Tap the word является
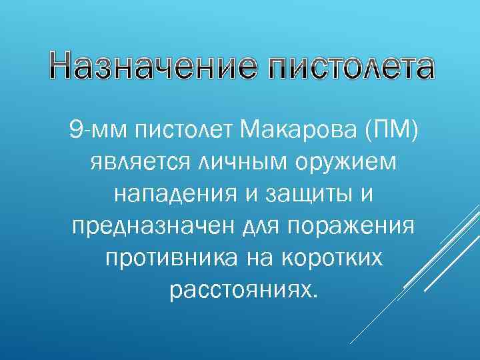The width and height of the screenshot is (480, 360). (x=140, y=161)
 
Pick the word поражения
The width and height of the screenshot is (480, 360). (x=352, y=225)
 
